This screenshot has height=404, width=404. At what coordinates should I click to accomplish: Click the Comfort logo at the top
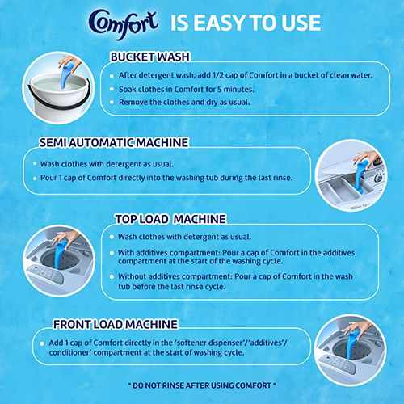coord(124,23)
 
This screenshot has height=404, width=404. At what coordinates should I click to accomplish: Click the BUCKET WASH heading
coord(150,57)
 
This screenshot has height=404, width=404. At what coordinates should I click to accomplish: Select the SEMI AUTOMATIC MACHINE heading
coord(114,142)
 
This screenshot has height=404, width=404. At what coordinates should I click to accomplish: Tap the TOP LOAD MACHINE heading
coord(170,219)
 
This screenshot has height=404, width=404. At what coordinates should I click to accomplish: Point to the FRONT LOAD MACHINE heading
coord(116,324)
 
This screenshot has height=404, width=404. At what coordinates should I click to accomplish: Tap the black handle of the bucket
coord(58,99)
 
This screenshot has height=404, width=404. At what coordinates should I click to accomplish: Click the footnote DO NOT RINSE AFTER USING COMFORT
coord(202,385)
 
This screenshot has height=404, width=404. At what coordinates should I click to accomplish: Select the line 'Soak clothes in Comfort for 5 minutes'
coord(187,89)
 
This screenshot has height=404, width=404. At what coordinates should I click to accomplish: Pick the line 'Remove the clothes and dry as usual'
coord(184,103)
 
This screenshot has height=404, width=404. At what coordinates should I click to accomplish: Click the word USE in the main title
coord(301,23)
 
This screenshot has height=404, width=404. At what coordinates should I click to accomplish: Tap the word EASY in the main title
coord(219,23)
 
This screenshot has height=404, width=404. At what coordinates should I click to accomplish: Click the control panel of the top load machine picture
coord(46,274)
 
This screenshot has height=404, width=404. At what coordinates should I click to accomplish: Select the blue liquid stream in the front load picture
coord(351,346)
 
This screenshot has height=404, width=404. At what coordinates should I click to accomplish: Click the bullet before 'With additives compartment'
coord(112,253)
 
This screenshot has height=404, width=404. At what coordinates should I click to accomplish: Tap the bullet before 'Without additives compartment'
coord(112,276)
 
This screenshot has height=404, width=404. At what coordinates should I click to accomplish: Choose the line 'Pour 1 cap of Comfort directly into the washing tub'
coord(166,178)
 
